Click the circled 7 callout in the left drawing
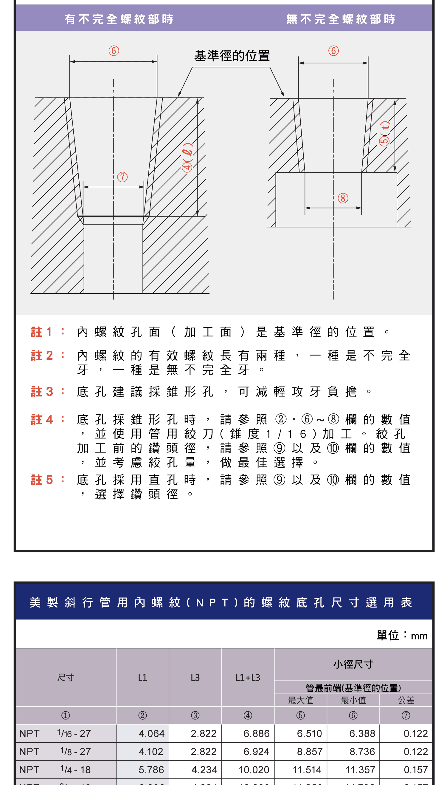tap(122, 177)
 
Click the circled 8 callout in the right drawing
tap(343, 198)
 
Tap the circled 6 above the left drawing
tap(114, 51)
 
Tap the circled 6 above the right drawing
tap(333, 51)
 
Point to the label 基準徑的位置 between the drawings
tap(232, 56)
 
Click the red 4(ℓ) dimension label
tap(187, 157)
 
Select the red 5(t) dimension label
tap(384, 134)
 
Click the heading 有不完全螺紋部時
tap(119, 19)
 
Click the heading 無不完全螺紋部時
tap(341, 19)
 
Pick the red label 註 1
tap(42, 332)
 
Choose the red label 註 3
tap(42, 392)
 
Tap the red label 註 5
tap(42, 480)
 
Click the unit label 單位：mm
tap(402, 635)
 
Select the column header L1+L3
tap(248, 677)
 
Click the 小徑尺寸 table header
tap(353, 664)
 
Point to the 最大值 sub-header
tap(301, 700)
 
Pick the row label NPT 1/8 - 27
tap(55, 752)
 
